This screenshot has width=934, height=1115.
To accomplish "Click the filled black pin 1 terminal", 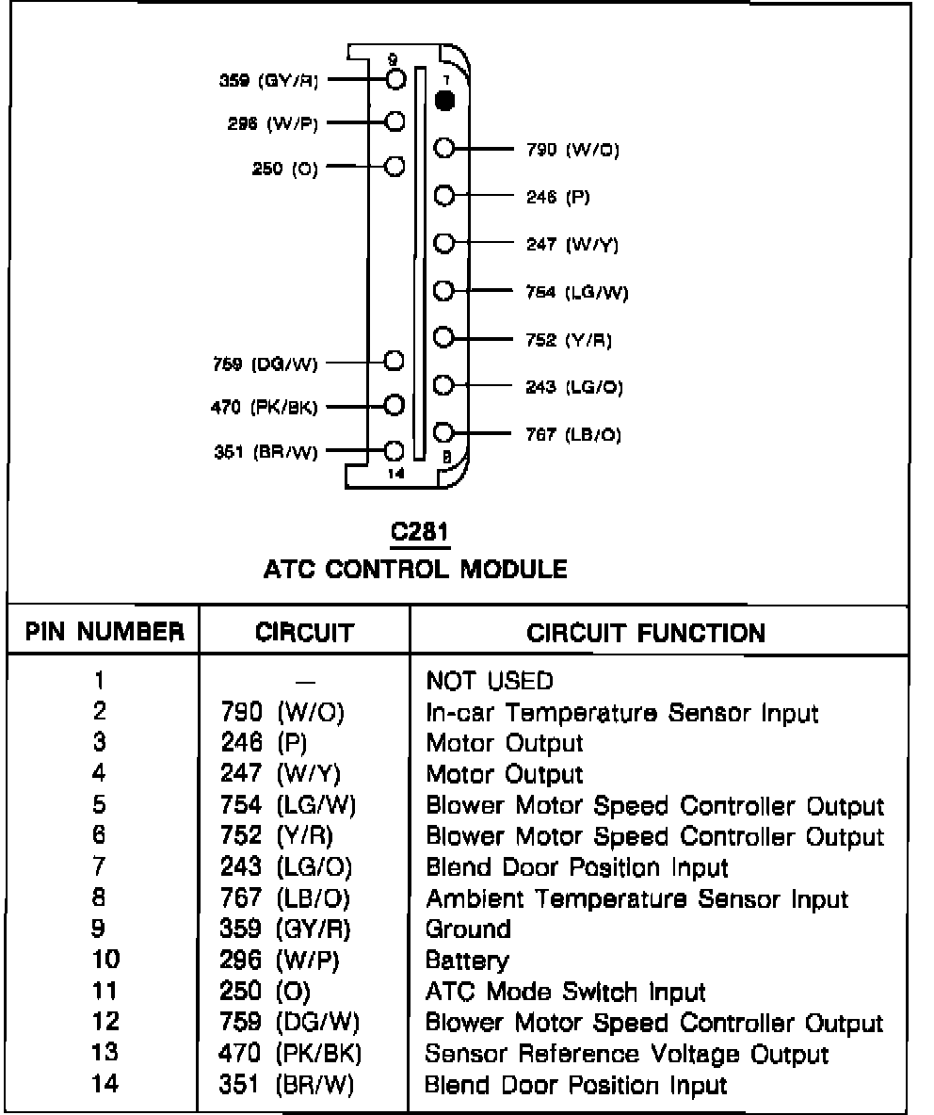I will click(446, 99).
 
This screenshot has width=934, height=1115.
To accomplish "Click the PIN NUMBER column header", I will click(105, 631).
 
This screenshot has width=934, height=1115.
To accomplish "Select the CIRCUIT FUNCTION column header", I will click(646, 632).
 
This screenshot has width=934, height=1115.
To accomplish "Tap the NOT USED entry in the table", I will click(490, 680).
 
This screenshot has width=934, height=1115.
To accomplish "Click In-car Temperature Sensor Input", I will click(622, 713).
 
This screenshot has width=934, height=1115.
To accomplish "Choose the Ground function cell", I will click(469, 929).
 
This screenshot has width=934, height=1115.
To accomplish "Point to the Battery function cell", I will click(468, 961).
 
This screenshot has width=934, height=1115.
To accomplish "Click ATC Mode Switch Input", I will click(566, 992).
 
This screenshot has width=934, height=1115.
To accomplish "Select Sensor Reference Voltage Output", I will click(627, 1054).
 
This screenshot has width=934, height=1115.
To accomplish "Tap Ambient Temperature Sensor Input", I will click(637, 899).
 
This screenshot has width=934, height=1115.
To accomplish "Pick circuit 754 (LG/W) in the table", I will click(286, 806).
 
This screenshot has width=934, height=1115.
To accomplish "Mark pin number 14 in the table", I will click(105, 1084).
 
